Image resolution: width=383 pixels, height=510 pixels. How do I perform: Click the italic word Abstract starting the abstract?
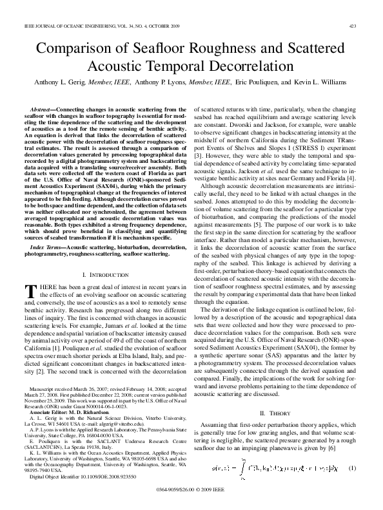43,111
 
